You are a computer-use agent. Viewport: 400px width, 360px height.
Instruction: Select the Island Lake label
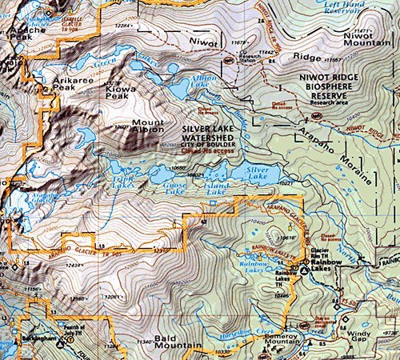click(218, 189)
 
